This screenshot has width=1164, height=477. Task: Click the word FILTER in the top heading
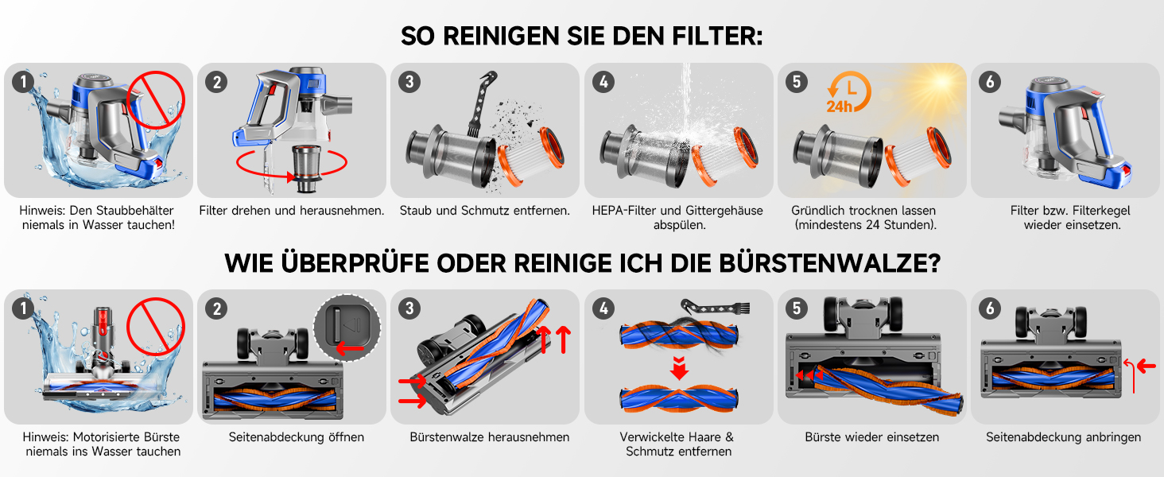click(717, 36)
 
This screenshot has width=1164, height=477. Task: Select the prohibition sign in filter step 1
click(156, 99)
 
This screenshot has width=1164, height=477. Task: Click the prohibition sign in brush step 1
click(156, 326)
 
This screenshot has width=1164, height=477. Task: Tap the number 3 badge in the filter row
click(409, 82)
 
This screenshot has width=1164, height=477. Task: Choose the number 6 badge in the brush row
click(989, 308)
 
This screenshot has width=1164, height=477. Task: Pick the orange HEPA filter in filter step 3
click(531, 156)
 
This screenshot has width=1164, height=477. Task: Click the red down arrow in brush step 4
click(679, 368)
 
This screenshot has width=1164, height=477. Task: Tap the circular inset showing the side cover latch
click(347, 328)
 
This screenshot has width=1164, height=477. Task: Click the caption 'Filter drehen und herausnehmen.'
click(292, 211)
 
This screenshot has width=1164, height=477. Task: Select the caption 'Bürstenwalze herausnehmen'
click(490, 437)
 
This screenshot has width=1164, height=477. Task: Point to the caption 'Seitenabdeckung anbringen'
click(1063, 437)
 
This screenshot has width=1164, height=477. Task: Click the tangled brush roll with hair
click(679, 335)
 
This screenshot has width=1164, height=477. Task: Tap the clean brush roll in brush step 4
click(679, 398)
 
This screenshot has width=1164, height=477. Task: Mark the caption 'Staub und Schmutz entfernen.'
click(485, 211)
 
